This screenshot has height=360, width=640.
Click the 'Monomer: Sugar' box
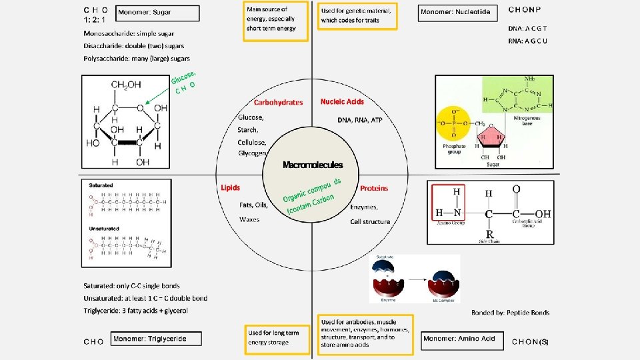pos(158,13)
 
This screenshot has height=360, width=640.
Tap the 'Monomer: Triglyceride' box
pos(157,339)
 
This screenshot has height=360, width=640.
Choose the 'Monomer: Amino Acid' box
pos(461,339)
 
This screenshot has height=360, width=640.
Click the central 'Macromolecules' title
pos(313,165)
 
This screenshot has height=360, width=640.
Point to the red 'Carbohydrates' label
pos(279,102)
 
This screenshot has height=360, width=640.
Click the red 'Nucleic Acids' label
pos(342,101)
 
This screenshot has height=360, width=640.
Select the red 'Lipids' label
pos(230,188)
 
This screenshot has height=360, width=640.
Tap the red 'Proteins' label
pos(374,188)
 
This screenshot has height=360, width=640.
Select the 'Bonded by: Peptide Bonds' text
pos(510,312)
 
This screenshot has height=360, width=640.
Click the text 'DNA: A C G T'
pos(527,29)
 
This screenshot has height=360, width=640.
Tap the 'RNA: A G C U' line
pos(527,41)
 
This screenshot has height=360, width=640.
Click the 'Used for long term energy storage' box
pos(274,337)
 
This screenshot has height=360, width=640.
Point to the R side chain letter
pos(489,234)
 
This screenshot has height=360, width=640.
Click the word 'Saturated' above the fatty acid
pos(101,185)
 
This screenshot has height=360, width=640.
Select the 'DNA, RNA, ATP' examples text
pos(360,120)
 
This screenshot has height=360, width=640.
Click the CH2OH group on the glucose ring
pos(126,85)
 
